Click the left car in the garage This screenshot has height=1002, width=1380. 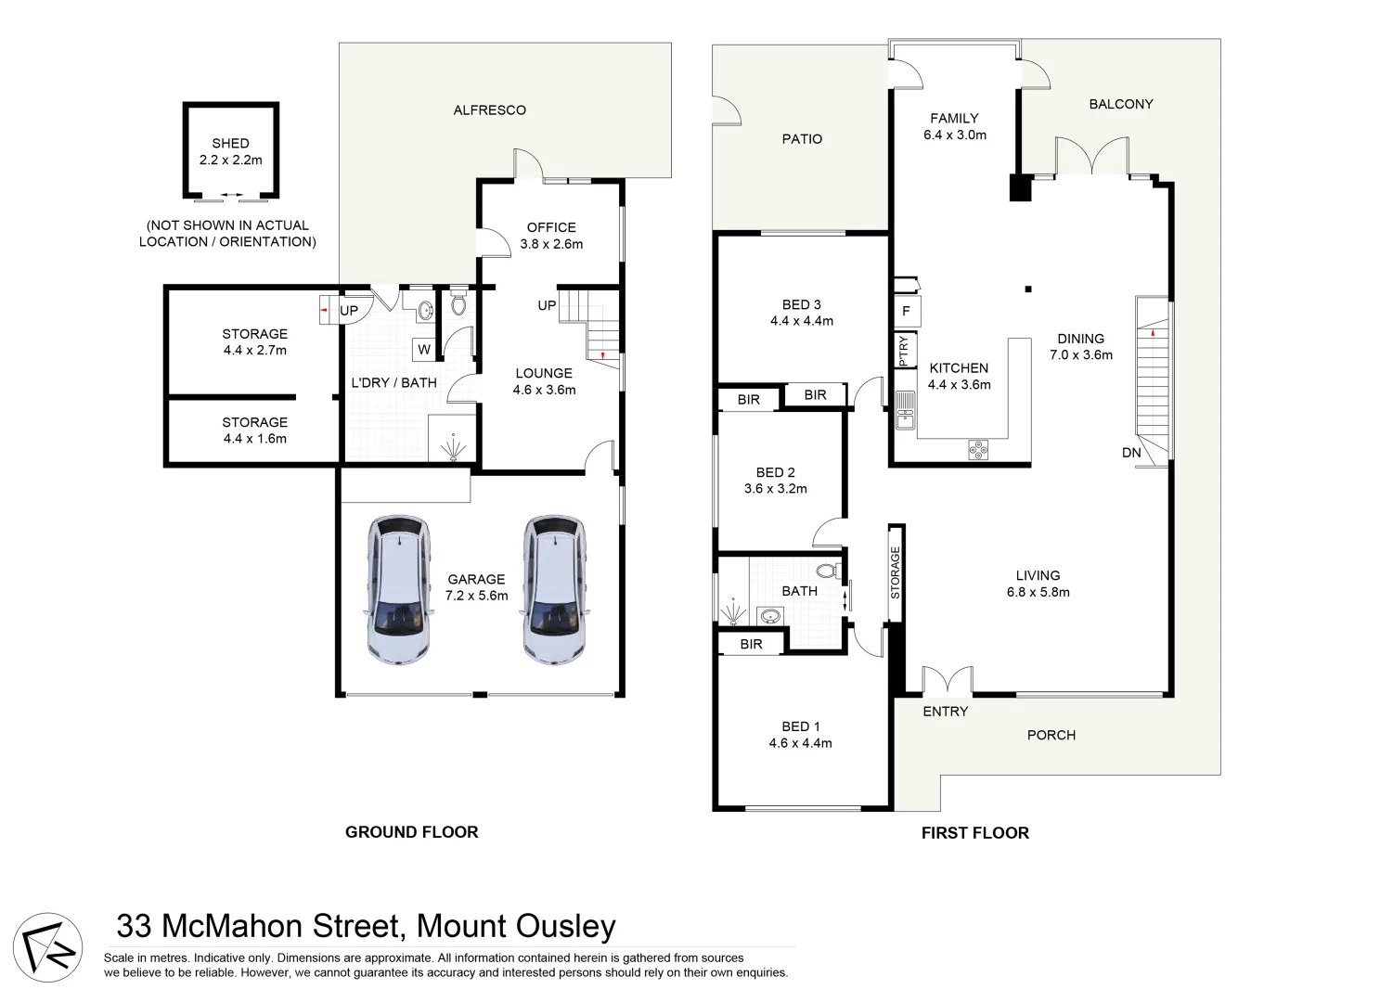[399, 590]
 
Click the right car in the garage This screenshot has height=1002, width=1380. [555, 590]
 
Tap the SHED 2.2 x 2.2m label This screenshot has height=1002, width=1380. [230, 151]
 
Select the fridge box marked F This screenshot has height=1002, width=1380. [906, 312]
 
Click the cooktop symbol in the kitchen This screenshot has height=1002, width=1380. [978, 450]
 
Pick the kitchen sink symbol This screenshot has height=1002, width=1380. [905, 411]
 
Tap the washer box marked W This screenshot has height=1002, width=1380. [424, 350]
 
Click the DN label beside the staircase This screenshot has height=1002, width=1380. [1131, 453]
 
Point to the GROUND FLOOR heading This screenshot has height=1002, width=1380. [411, 832]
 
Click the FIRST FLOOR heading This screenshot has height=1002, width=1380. [974, 833]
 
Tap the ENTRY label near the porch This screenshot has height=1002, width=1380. [945, 712]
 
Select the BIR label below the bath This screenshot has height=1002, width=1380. [751, 644]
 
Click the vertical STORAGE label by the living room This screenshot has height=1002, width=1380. [896, 572]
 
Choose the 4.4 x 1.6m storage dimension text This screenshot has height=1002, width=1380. [254, 439]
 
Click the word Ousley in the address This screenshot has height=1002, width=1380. [565, 926]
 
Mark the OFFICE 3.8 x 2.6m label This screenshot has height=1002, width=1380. [551, 236]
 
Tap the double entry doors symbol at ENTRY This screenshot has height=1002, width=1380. [947, 681]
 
